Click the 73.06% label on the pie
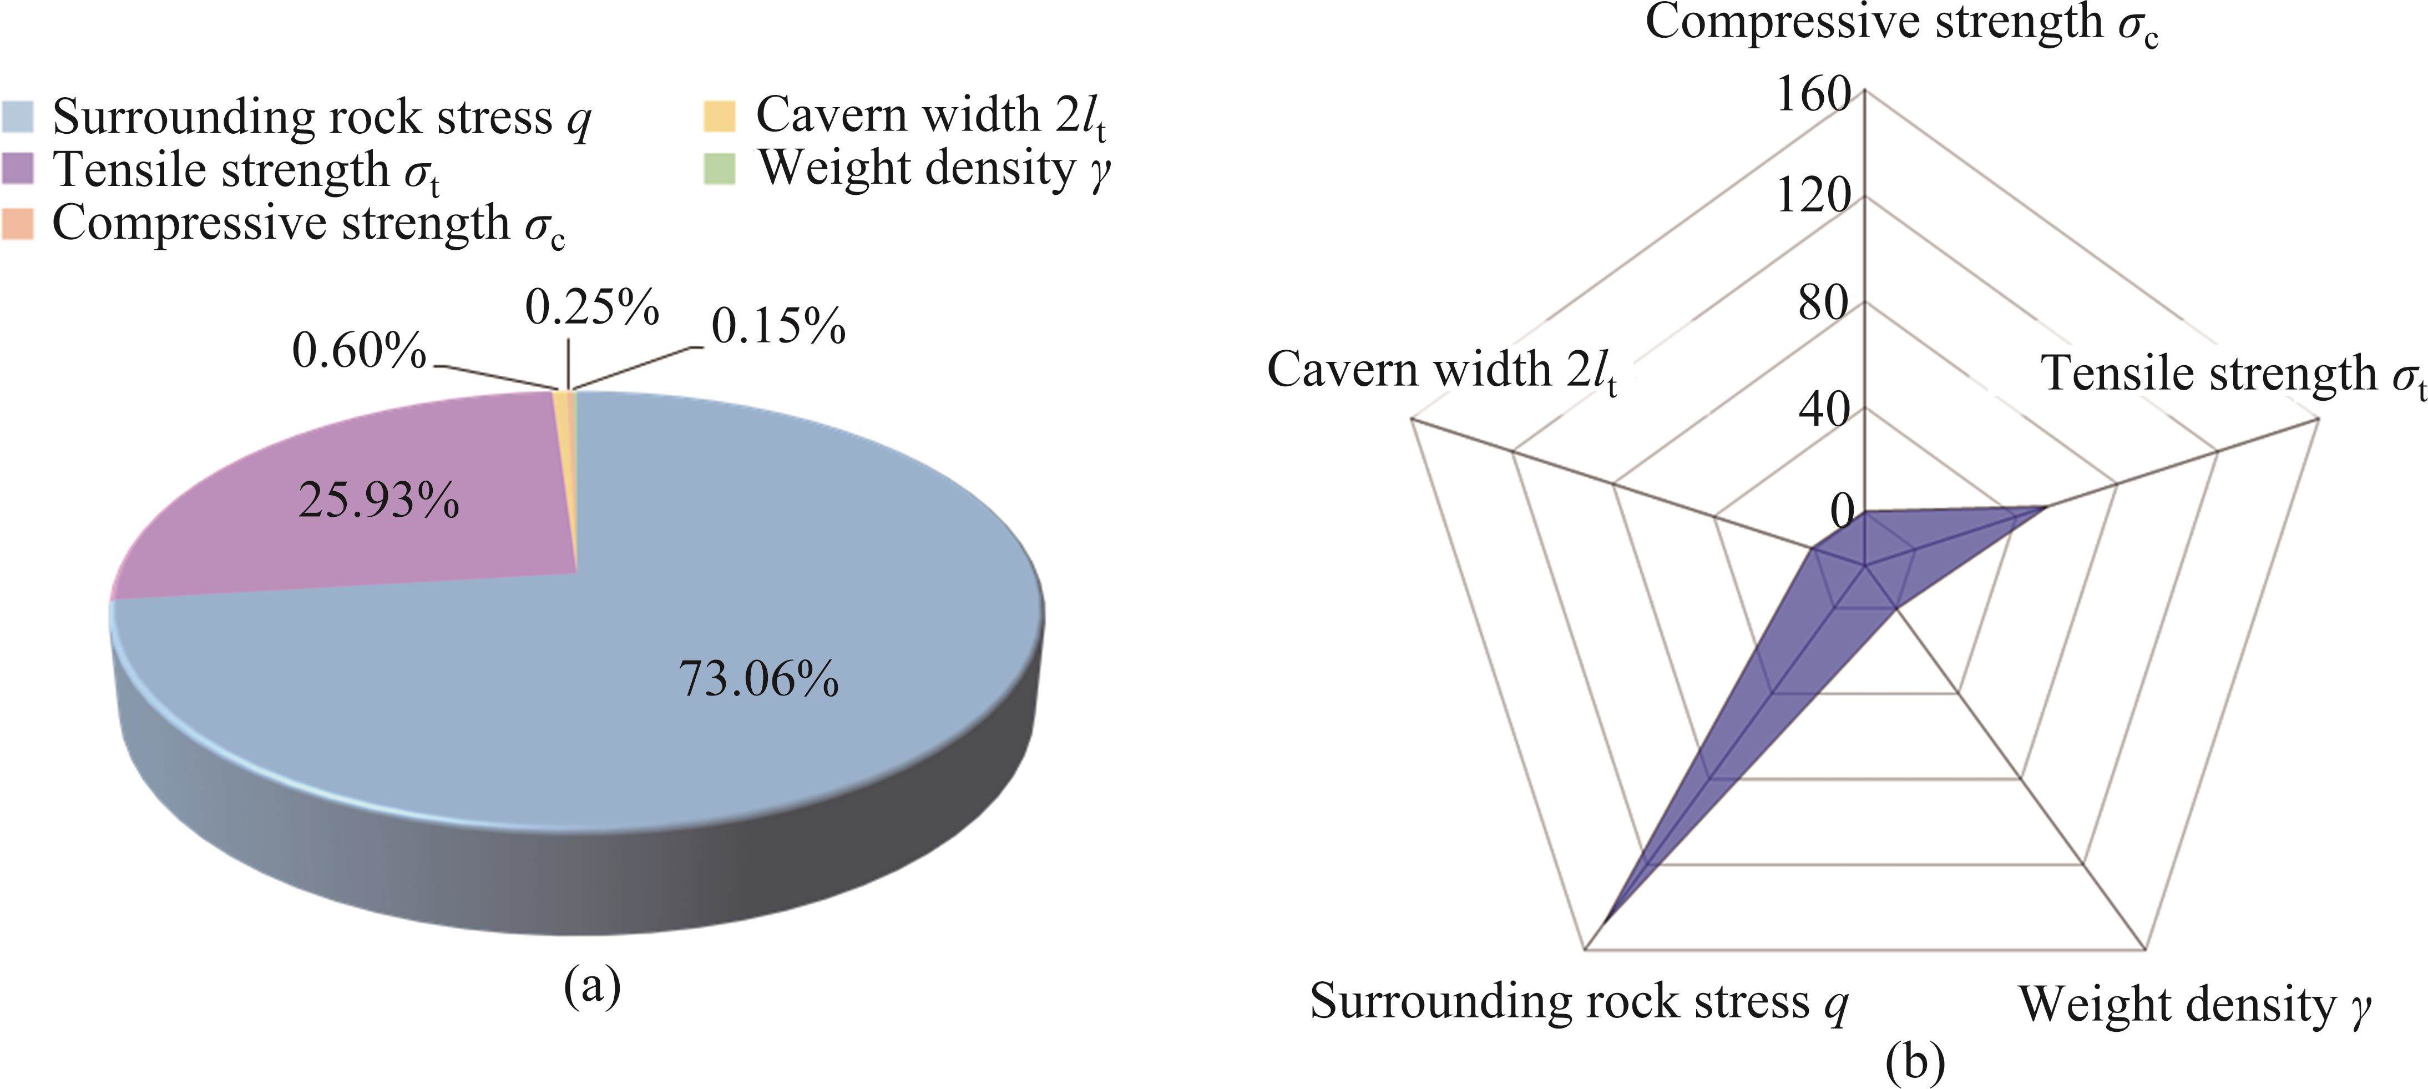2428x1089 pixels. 759,679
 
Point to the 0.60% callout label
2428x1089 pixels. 359,351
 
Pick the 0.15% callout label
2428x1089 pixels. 777,326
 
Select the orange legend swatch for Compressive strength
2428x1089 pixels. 18,224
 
